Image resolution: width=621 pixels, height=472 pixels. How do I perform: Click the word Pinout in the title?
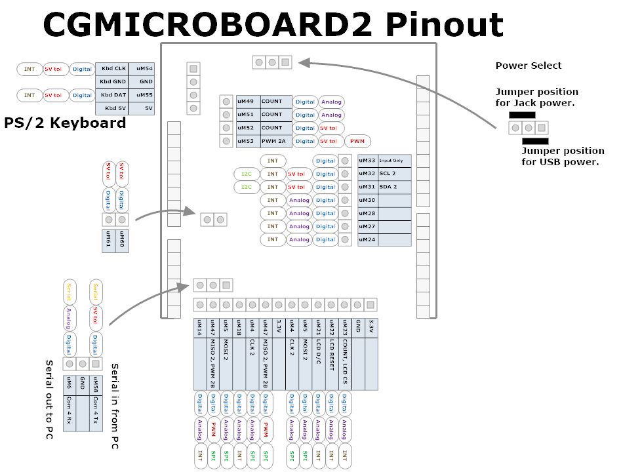443,24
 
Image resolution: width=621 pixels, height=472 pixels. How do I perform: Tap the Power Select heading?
529,66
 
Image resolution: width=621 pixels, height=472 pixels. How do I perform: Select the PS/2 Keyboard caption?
65,123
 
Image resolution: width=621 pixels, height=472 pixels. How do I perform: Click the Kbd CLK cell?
112,68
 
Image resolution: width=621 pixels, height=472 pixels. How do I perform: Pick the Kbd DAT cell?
112,95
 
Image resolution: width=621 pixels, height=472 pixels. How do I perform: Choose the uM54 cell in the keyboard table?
144,68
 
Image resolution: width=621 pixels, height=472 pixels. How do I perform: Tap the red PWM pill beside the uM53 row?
357,141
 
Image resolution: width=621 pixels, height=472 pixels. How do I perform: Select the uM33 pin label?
367,161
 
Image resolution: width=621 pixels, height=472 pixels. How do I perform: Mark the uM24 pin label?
367,239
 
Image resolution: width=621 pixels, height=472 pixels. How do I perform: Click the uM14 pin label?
199,328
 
